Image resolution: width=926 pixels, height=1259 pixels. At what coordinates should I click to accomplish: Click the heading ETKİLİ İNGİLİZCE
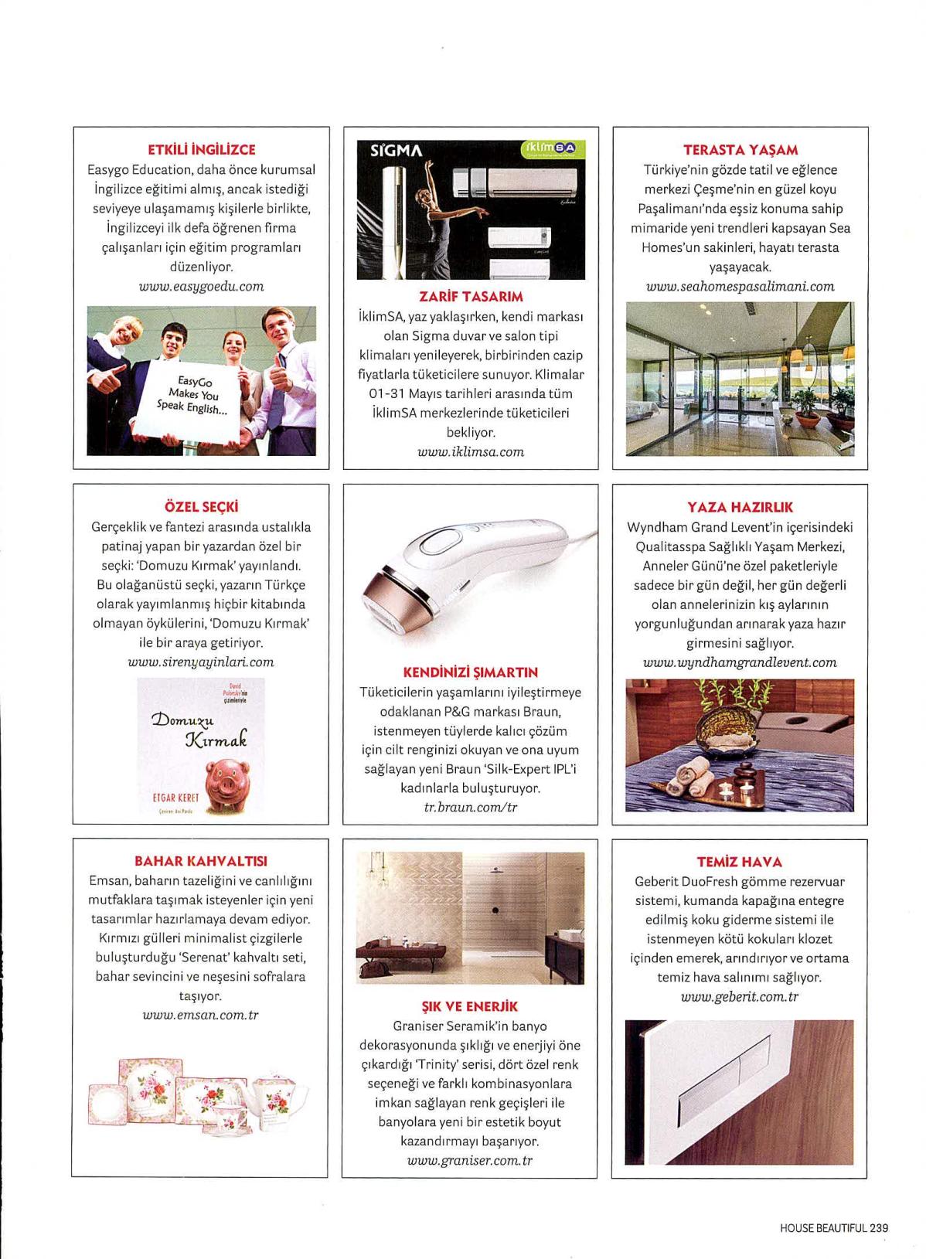201,150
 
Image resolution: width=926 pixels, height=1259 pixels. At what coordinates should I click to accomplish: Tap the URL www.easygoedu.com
201,286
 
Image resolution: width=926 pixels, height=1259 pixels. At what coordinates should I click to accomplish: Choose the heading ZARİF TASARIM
471,296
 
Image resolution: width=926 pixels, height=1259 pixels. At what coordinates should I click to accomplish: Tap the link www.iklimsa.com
471,451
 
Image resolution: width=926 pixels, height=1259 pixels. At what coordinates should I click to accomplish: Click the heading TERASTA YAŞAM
740,150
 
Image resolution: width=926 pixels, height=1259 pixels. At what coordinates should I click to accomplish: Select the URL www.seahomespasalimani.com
740,286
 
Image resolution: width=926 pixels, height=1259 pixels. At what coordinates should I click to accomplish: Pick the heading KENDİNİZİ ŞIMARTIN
471,672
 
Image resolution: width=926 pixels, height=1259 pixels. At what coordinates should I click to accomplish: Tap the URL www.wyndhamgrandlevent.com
740,662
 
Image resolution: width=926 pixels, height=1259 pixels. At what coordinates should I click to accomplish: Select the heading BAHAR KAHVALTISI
201,861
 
